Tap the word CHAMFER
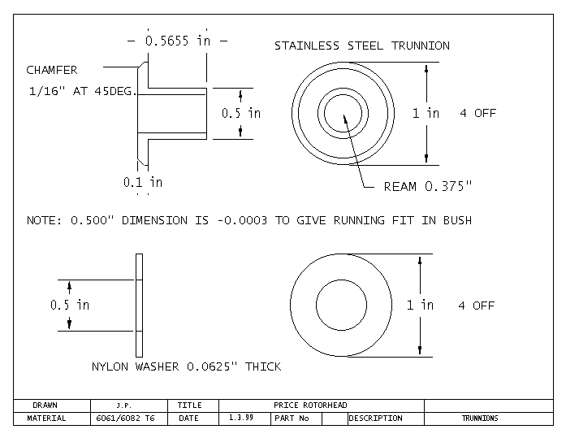[x=52, y=71]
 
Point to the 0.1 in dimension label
[x=142, y=182]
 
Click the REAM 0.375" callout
[x=427, y=187]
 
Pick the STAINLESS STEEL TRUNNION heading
[x=361, y=46]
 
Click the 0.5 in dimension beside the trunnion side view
[x=241, y=113]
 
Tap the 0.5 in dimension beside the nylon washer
[x=70, y=305]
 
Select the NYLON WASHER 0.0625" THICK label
[x=186, y=366]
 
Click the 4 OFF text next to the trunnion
[x=477, y=113]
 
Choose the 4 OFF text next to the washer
[x=476, y=306]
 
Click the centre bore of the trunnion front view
[x=344, y=112]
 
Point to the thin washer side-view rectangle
[x=139, y=306]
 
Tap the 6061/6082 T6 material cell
[x=126, y=418]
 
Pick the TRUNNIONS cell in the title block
[x=480, y=418]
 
